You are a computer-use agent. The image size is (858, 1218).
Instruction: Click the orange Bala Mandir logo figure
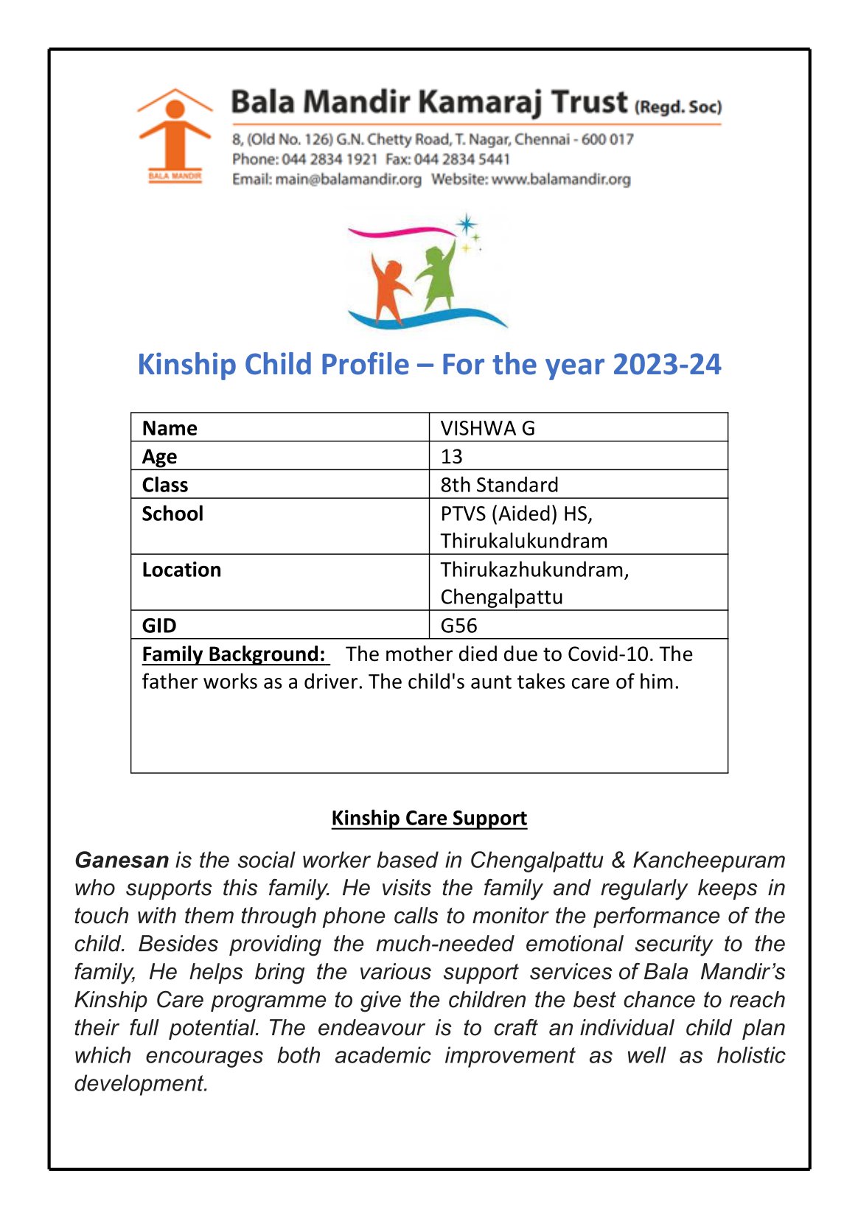[174, 133]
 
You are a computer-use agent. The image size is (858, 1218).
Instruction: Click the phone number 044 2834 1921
[329, 159]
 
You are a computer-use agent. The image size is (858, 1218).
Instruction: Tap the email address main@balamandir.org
[348, 179]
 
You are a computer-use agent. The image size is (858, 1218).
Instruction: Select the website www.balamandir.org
[561, 179]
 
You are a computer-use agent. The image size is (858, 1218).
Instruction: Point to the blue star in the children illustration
[466, 224]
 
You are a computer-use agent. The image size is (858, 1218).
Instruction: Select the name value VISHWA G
[487, 428]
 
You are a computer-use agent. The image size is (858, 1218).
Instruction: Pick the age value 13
[451, 457]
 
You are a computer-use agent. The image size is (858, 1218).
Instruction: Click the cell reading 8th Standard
[499, 485]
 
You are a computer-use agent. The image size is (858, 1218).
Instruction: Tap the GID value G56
[458, 626]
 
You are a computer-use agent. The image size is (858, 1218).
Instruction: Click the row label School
[172, 514]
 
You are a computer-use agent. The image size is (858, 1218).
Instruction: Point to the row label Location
[181, 570]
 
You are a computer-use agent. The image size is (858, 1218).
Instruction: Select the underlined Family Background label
[234, 654]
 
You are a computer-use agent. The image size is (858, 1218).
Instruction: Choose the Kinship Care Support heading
[429, 818]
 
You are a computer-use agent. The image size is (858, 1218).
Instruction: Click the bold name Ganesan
[122, 860]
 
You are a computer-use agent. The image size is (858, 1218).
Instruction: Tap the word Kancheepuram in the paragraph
[708, 860]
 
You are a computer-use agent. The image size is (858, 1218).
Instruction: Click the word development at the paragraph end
[141, 1083]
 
